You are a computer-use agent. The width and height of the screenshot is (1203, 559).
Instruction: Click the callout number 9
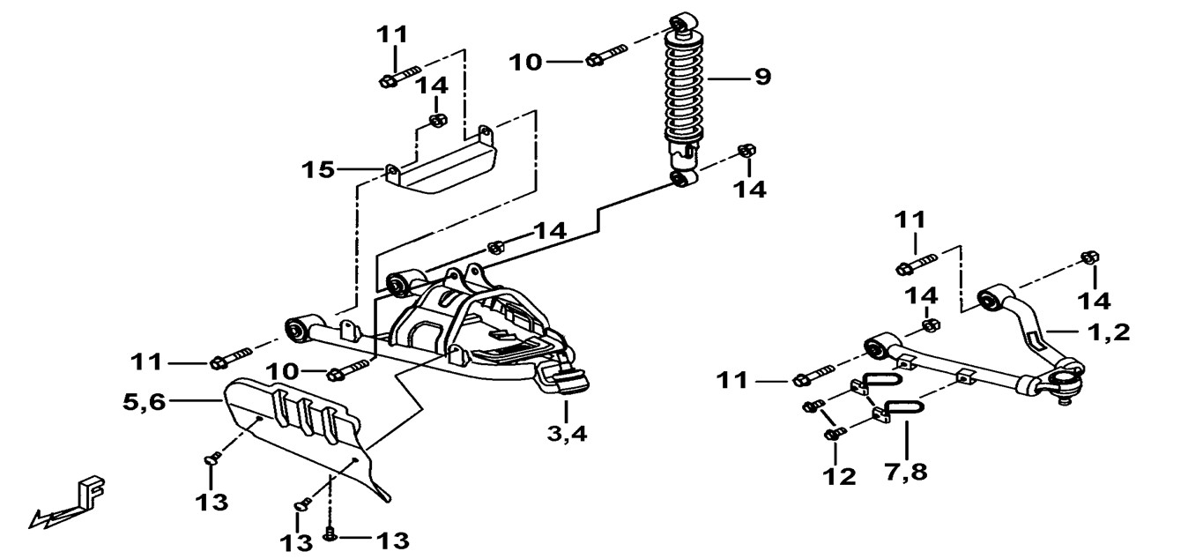762,77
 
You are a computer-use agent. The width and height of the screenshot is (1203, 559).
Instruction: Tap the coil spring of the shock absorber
683,89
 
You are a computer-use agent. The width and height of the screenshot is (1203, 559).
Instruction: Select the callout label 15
318,170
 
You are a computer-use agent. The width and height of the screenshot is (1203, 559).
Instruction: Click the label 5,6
144,401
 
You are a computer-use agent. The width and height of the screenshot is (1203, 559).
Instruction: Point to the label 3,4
568,433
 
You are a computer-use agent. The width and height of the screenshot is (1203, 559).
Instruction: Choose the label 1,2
1109,332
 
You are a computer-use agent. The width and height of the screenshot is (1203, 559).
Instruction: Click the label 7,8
906,472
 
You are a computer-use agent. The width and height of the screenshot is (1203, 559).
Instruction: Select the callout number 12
839,476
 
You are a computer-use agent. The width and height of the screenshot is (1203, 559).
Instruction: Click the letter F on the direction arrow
92,492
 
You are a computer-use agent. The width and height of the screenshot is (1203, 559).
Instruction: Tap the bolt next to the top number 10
606,56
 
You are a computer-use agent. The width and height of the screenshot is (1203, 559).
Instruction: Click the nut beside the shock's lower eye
746,151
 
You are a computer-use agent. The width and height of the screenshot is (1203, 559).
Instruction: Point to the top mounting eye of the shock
684,23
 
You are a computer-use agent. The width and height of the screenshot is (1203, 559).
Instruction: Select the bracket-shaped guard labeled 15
441,164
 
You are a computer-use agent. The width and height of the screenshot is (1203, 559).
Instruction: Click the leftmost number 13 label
212,503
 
